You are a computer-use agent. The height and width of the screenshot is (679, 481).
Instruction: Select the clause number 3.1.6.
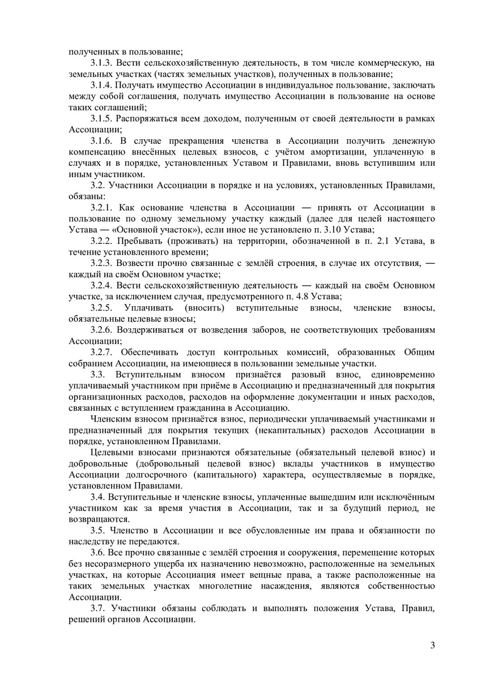pyautogui.click(x=101, y=141)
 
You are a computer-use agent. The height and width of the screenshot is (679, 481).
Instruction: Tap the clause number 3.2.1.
pyautogui.click(x=101, y=209)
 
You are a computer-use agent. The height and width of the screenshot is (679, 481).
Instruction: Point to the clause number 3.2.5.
pyautogui.click(x=101, y=308)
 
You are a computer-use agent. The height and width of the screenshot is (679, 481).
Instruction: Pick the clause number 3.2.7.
pyautogui.click(x=101, y=352)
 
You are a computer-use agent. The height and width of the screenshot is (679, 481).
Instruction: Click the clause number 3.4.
pyautogui.click(x=97, y=497)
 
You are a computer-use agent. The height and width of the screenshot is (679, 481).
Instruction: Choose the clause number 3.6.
pyautogui.click(x=97, y=552)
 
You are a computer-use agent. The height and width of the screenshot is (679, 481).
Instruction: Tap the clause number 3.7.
pyautogui.click(x=97, y=608)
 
